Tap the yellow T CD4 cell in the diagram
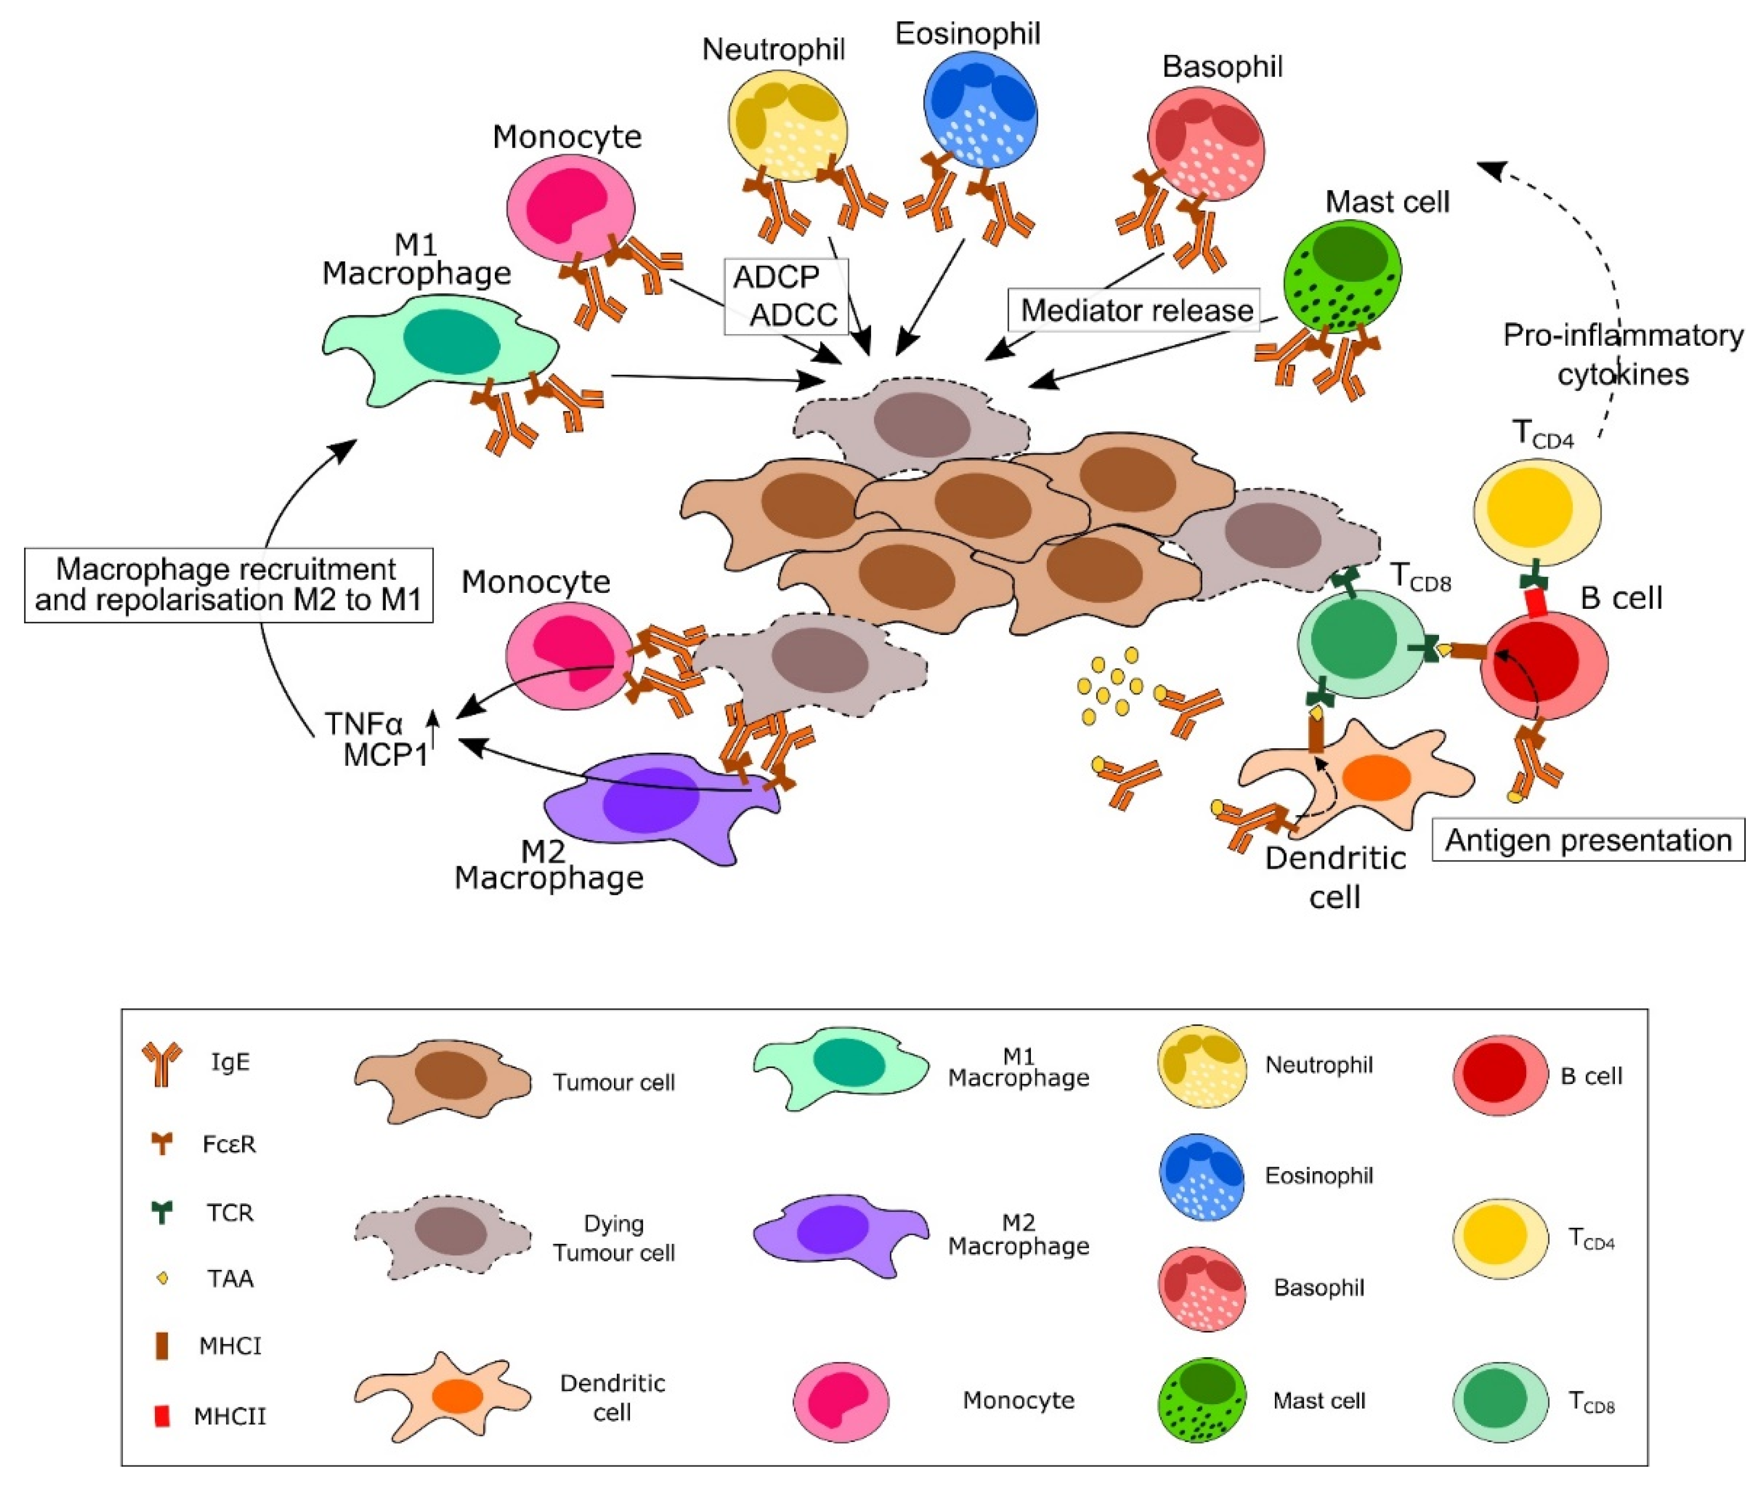click(x=1536, y=510)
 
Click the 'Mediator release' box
click(x=1136, y=310)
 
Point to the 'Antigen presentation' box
click(x=1588, y=840)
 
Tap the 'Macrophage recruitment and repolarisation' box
click(x=228, y=585)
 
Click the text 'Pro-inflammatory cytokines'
click(x=1622, y=354)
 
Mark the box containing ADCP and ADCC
click(x=786, y=296)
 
